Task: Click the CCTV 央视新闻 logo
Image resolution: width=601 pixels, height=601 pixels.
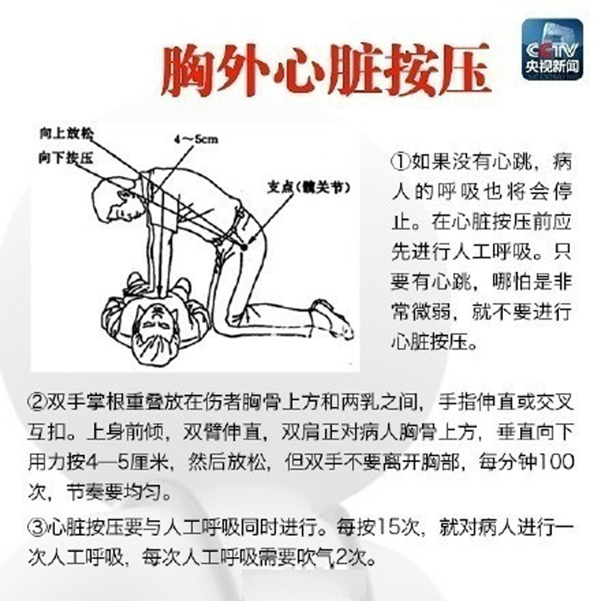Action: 552,50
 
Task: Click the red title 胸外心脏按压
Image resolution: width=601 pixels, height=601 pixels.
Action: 326,70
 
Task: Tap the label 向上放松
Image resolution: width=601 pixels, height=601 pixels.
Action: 66,133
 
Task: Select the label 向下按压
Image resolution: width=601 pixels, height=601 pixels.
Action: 65,157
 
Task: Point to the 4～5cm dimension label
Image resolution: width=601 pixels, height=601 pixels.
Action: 196,139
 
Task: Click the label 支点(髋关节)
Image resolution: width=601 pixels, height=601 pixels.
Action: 309,187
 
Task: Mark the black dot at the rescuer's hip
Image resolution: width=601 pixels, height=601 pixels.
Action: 244,247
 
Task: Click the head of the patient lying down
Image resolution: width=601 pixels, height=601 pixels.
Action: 156,331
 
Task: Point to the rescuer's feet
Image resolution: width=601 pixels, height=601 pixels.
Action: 332,319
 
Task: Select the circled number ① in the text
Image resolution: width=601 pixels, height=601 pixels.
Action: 401,162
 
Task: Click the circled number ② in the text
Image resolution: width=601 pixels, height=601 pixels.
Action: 37,403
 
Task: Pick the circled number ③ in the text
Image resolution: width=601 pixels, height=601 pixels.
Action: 37,527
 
